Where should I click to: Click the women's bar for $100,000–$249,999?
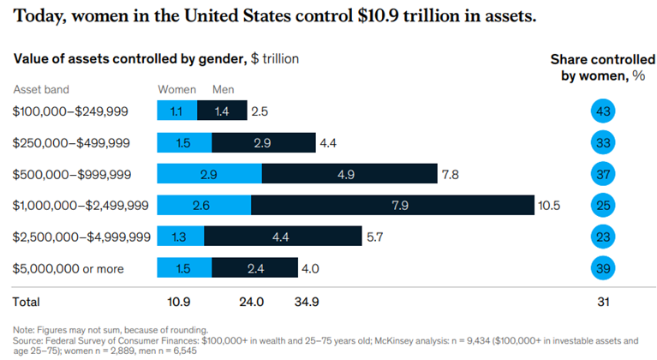(x=177, y=111)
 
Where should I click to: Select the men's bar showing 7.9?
(x=393, y=205)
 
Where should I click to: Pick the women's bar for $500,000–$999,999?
(x=209, y=174)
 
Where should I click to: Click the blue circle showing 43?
(x=604, y=111)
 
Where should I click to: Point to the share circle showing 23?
(x=604, y=237)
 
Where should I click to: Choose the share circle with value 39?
(x=604, y=268)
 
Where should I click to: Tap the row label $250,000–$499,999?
(x=71, y=142)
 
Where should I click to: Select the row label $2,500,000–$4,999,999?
(x=83, y=237)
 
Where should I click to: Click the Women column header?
(x=176, y=89)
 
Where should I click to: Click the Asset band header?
(x=41, y=89)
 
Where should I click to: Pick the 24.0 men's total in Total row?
(x=251, y=303)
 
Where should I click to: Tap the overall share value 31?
(x=604, y=303)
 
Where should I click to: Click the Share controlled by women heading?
(x=597, y=68)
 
